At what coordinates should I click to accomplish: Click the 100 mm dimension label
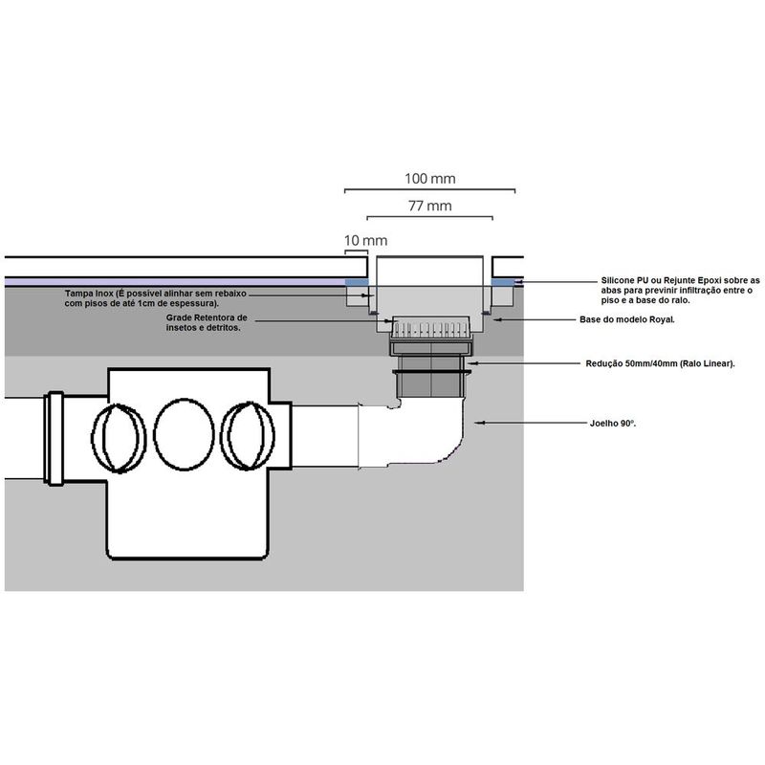pos(429,179)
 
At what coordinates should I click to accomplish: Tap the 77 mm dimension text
pos(429,206)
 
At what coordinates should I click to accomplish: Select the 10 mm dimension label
pos(366,241)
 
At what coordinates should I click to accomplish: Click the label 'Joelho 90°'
pos(613,424)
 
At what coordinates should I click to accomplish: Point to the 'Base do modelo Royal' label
pos(627,319)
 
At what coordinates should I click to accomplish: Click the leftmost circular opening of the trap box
pos(119,438)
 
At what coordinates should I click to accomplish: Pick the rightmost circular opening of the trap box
pos(248,436)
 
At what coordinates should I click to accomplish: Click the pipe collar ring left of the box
pos(55,439)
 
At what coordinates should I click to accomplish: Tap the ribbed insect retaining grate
pos(430,327)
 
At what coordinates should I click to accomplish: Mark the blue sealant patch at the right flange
pos(503,282)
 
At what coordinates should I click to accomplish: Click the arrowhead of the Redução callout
pos(470,363)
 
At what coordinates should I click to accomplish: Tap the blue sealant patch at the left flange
pos(357,282)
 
